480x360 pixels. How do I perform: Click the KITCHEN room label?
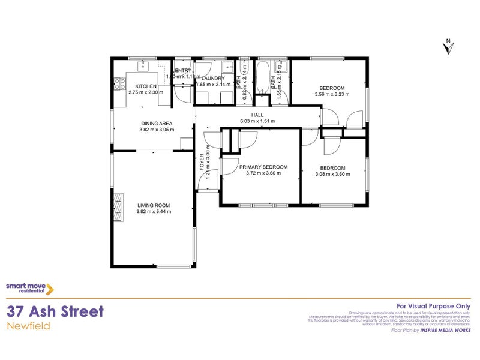click(x=146, y=86)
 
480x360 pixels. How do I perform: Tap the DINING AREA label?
click(x=157, y=123)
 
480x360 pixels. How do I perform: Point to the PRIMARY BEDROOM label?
click(x=263, y=167)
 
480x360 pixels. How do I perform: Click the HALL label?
click(x=258, y=115)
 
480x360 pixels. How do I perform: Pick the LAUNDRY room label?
click(x=213, y=79)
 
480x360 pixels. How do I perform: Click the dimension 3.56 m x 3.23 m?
click(x=332, y=94)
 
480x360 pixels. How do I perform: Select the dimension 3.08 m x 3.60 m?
click(x=332, y=174)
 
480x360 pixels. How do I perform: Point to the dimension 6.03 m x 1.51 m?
click(x=258, y=121)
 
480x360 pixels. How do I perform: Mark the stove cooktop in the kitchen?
click(x=119, y=83)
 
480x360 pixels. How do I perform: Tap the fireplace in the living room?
click(x=118, y=207)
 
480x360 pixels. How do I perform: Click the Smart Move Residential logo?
click(x=30, y=289)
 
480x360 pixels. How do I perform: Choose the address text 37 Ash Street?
click(x=55, y=311)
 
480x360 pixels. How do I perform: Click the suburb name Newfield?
click(x=28, y=326)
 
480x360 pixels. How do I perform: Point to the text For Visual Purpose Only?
click(x=434, y=305)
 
